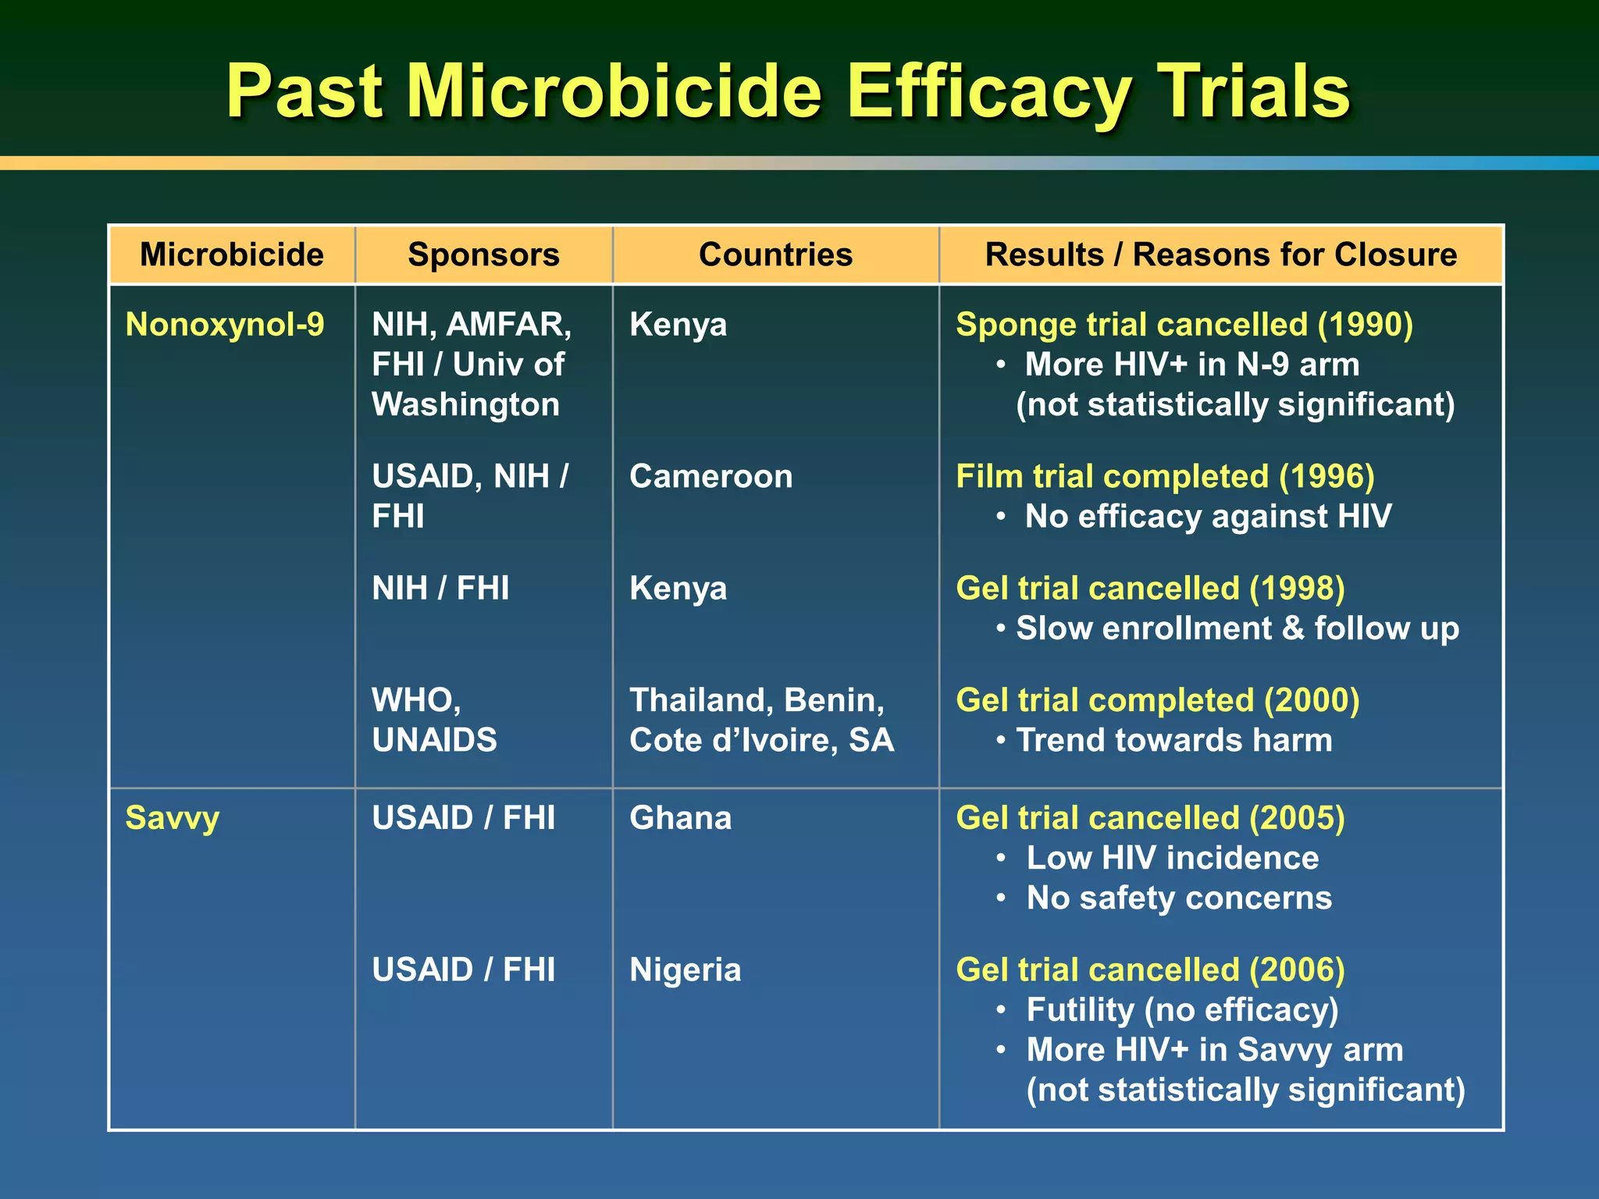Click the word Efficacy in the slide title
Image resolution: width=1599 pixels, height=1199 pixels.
point(988,94)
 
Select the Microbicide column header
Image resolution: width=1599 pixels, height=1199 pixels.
point(232,255)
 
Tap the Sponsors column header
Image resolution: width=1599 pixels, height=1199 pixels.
point(483,255)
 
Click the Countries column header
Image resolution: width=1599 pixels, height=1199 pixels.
point(775,255)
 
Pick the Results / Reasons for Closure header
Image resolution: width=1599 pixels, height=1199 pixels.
point(1220,255)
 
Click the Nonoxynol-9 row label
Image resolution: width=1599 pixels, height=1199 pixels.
point(225,325)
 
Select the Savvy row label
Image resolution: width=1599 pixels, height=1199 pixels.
point(173,818)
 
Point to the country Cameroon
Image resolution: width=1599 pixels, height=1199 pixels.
point(710,477)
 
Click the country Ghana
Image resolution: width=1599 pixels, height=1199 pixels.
point(680,818)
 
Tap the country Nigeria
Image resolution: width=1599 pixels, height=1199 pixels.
point(685,970)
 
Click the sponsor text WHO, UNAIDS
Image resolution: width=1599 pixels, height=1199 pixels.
point(434,720)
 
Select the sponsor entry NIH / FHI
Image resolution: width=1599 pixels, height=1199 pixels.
point(440,589)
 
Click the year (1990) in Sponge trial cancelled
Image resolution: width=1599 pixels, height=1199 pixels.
point(1365,325)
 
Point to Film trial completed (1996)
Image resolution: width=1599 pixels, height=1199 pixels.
point(1165,477)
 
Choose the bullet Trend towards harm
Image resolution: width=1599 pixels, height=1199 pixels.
point(1173,740)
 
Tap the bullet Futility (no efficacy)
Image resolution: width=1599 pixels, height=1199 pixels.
point(1182,1010)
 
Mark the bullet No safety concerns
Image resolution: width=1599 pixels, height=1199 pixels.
point(1178,898)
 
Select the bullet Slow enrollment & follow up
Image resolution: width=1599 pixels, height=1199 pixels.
point(1237,629)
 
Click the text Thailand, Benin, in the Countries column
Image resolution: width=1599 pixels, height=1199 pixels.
point(757,700)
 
